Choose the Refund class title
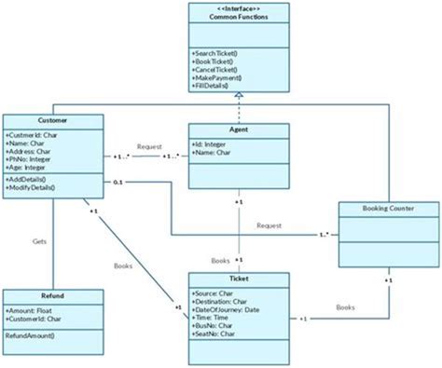point(40,293)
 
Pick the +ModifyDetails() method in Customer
point(31,187)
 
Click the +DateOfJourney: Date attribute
point(228,309)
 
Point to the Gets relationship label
point(39,240)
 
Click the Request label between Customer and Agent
point(149,146)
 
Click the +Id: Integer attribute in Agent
point(210,144)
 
